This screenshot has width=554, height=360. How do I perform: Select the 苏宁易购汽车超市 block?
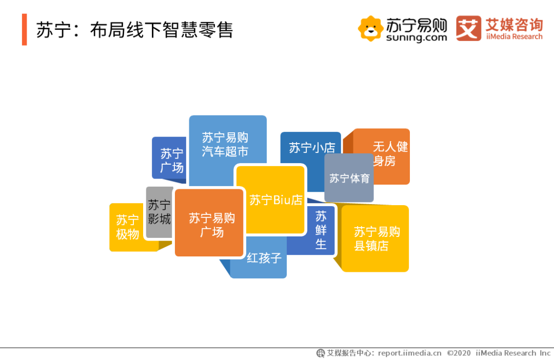coord(228,145)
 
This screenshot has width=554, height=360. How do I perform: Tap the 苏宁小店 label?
coord(312,147)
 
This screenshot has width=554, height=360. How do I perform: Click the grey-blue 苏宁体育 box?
coord(349,178)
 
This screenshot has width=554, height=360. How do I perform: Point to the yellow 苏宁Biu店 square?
coord(271,199)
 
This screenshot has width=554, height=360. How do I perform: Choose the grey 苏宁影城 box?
coord(160,212)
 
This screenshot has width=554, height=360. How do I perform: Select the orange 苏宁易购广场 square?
coord(209,223)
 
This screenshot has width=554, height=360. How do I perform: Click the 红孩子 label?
coord(264,258)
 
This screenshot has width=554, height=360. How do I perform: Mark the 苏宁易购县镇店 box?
coord(375,238)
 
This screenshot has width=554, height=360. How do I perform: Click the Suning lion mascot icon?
coord(370,28)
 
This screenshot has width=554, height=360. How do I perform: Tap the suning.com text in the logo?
coord(417,37)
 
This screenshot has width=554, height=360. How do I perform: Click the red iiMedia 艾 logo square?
coord(468,28)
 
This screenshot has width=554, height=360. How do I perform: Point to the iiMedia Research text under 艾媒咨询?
coord(514,37)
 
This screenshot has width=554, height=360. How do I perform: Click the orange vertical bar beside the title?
coord(25,30)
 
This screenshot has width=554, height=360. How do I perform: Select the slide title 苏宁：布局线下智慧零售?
coord(134,30)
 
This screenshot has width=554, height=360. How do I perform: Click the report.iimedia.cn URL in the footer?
coord(409,353)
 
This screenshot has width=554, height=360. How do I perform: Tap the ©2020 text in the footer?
coord(459,353)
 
